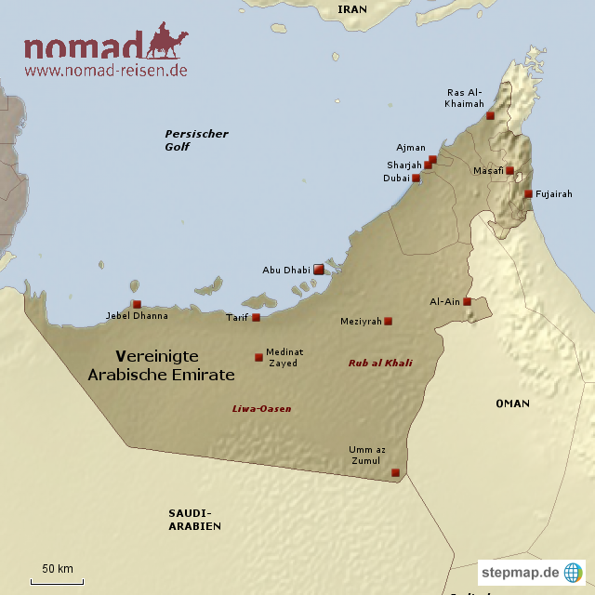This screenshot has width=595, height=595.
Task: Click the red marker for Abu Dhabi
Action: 319,269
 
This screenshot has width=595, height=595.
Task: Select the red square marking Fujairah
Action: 528,194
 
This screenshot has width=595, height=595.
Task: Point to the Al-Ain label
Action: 444,302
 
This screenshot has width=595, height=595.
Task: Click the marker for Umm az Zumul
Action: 395,472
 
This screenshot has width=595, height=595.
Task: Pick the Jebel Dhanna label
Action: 138,316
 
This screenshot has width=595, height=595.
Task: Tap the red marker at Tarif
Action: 257,317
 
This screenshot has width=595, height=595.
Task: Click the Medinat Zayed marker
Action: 258,357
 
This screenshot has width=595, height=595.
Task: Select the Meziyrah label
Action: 362,321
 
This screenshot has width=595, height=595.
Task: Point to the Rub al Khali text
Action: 380,364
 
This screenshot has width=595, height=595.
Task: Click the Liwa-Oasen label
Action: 261,408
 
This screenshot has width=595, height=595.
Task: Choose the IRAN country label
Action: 352,9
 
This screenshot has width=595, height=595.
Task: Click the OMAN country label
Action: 512,403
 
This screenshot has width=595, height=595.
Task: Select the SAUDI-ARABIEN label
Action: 195,520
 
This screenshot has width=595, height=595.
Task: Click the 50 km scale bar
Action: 58,581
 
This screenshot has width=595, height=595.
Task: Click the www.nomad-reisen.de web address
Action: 106,70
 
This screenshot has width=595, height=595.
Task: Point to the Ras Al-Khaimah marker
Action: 490,115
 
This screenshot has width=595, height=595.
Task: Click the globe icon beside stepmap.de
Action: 574,572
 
